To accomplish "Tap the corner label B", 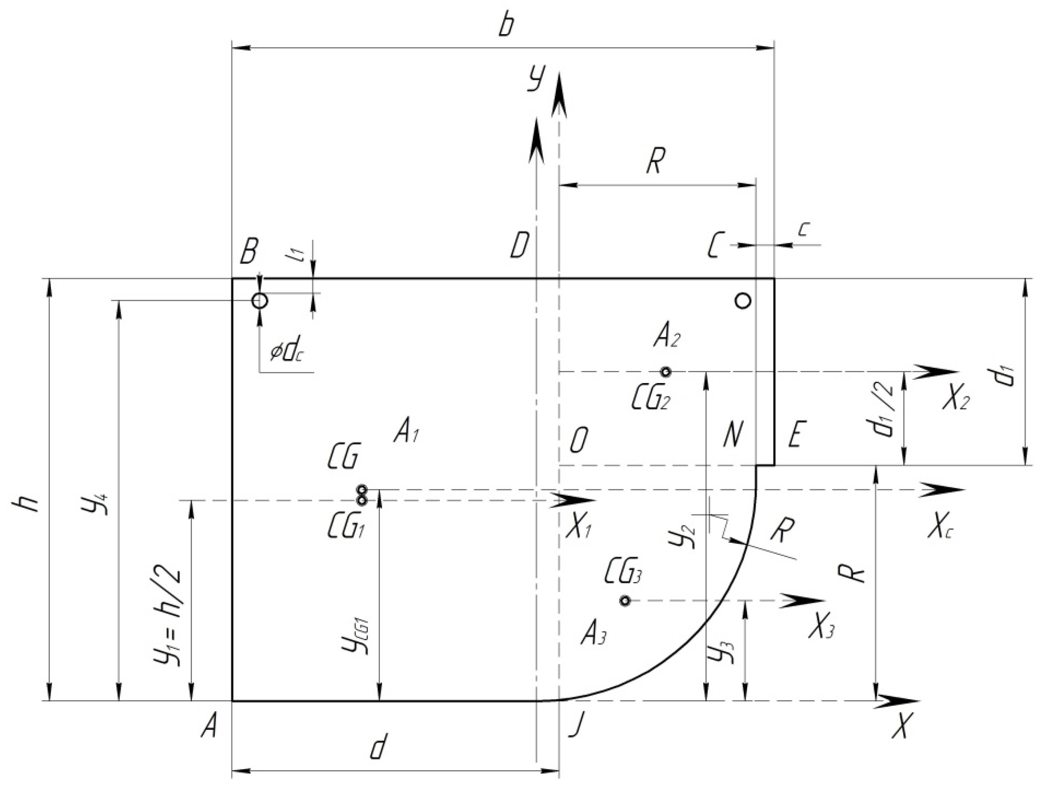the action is pyautogui.click(x=248, y=251).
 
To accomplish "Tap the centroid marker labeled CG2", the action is pyautogui.click(x=666, y=372).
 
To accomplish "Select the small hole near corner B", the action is pyautogui.click(x=260, y=300).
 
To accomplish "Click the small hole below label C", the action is pyautogui.click(x=743, y=300).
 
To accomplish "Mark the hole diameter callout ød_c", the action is pyautogui.click(x=287, y=352).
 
